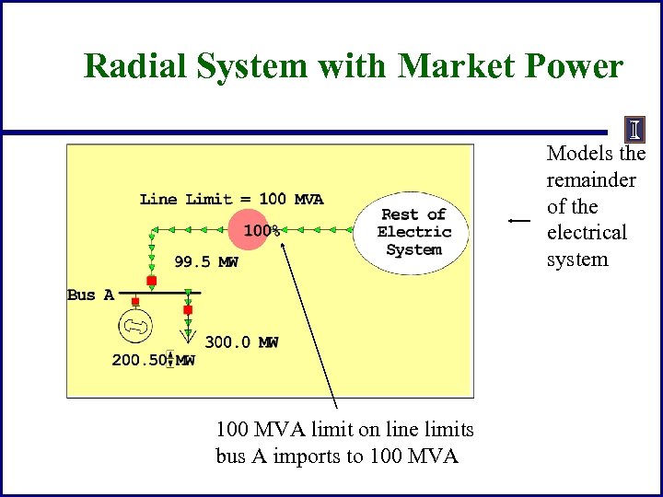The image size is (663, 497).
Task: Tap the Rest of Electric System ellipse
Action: coord(413,233)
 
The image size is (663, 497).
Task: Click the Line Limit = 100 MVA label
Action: coord(231,199)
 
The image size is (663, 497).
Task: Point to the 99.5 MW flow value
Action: coord(206,262)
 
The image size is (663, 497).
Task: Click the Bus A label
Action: coord(90,295)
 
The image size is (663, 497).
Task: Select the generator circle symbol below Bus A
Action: coord(135,327)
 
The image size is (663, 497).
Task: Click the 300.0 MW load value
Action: coord(241,342)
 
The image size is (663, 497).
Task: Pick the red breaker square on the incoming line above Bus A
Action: coord(151,281)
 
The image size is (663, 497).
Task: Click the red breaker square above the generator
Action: coord(135,301)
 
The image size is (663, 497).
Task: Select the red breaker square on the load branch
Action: coord(188,310)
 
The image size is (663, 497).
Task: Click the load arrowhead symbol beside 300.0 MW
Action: coord(188,334)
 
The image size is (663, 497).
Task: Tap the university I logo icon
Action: coord(634,129)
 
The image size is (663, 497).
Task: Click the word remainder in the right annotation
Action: coord(590,180)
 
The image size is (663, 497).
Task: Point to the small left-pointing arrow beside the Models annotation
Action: coord(519,221)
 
